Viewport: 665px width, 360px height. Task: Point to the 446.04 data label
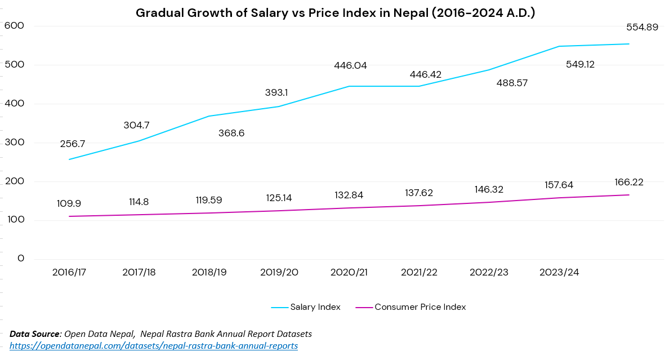(350, 65)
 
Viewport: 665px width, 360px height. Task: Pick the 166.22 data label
(629, 182)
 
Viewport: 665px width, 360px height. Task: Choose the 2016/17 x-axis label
(69, 272)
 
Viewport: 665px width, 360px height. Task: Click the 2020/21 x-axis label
(349, 272)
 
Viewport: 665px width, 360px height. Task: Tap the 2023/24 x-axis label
(559, 272)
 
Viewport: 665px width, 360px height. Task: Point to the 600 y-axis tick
(13, 25)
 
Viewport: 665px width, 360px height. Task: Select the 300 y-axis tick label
(13, 142)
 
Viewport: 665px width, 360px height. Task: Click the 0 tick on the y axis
(21, 259)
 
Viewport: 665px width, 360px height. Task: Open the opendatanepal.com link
(154, 345)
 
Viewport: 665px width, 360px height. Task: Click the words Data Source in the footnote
(35, 334)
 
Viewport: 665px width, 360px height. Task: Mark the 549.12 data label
(580, 64)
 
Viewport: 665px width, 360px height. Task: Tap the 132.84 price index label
(349, 195)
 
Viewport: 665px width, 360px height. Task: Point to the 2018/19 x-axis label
(209, 272)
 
